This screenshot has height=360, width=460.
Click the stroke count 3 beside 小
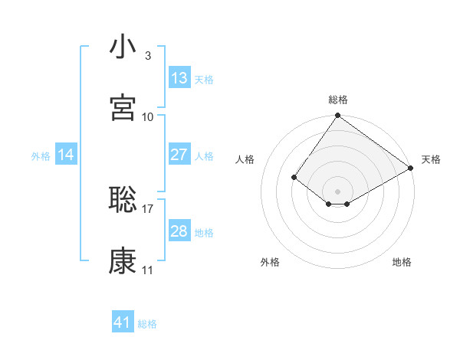click(x=147, y=56)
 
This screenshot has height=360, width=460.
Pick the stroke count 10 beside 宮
click(x=148, y=116)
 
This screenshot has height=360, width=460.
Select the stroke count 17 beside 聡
click(x=148, y=208)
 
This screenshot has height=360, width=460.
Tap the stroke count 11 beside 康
click(x=148, y=270)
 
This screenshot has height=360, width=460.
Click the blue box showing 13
click(x=179, y=78)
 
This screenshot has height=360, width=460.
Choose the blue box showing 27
click(x=179, y=155)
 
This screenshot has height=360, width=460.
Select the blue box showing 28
click(x=179, y=231)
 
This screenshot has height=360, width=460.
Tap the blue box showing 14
click(x=66, y=155)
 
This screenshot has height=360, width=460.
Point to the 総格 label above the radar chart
click(x=338, y=100)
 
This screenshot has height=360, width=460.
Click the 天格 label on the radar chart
click(x=431, y=159)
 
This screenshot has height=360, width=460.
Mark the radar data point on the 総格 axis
click(x=338, y=116)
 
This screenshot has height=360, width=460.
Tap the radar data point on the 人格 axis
click(x=294, y=177)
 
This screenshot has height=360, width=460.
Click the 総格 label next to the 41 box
click(x=147, y=324)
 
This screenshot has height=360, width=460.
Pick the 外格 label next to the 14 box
click(x=41, y=155)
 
